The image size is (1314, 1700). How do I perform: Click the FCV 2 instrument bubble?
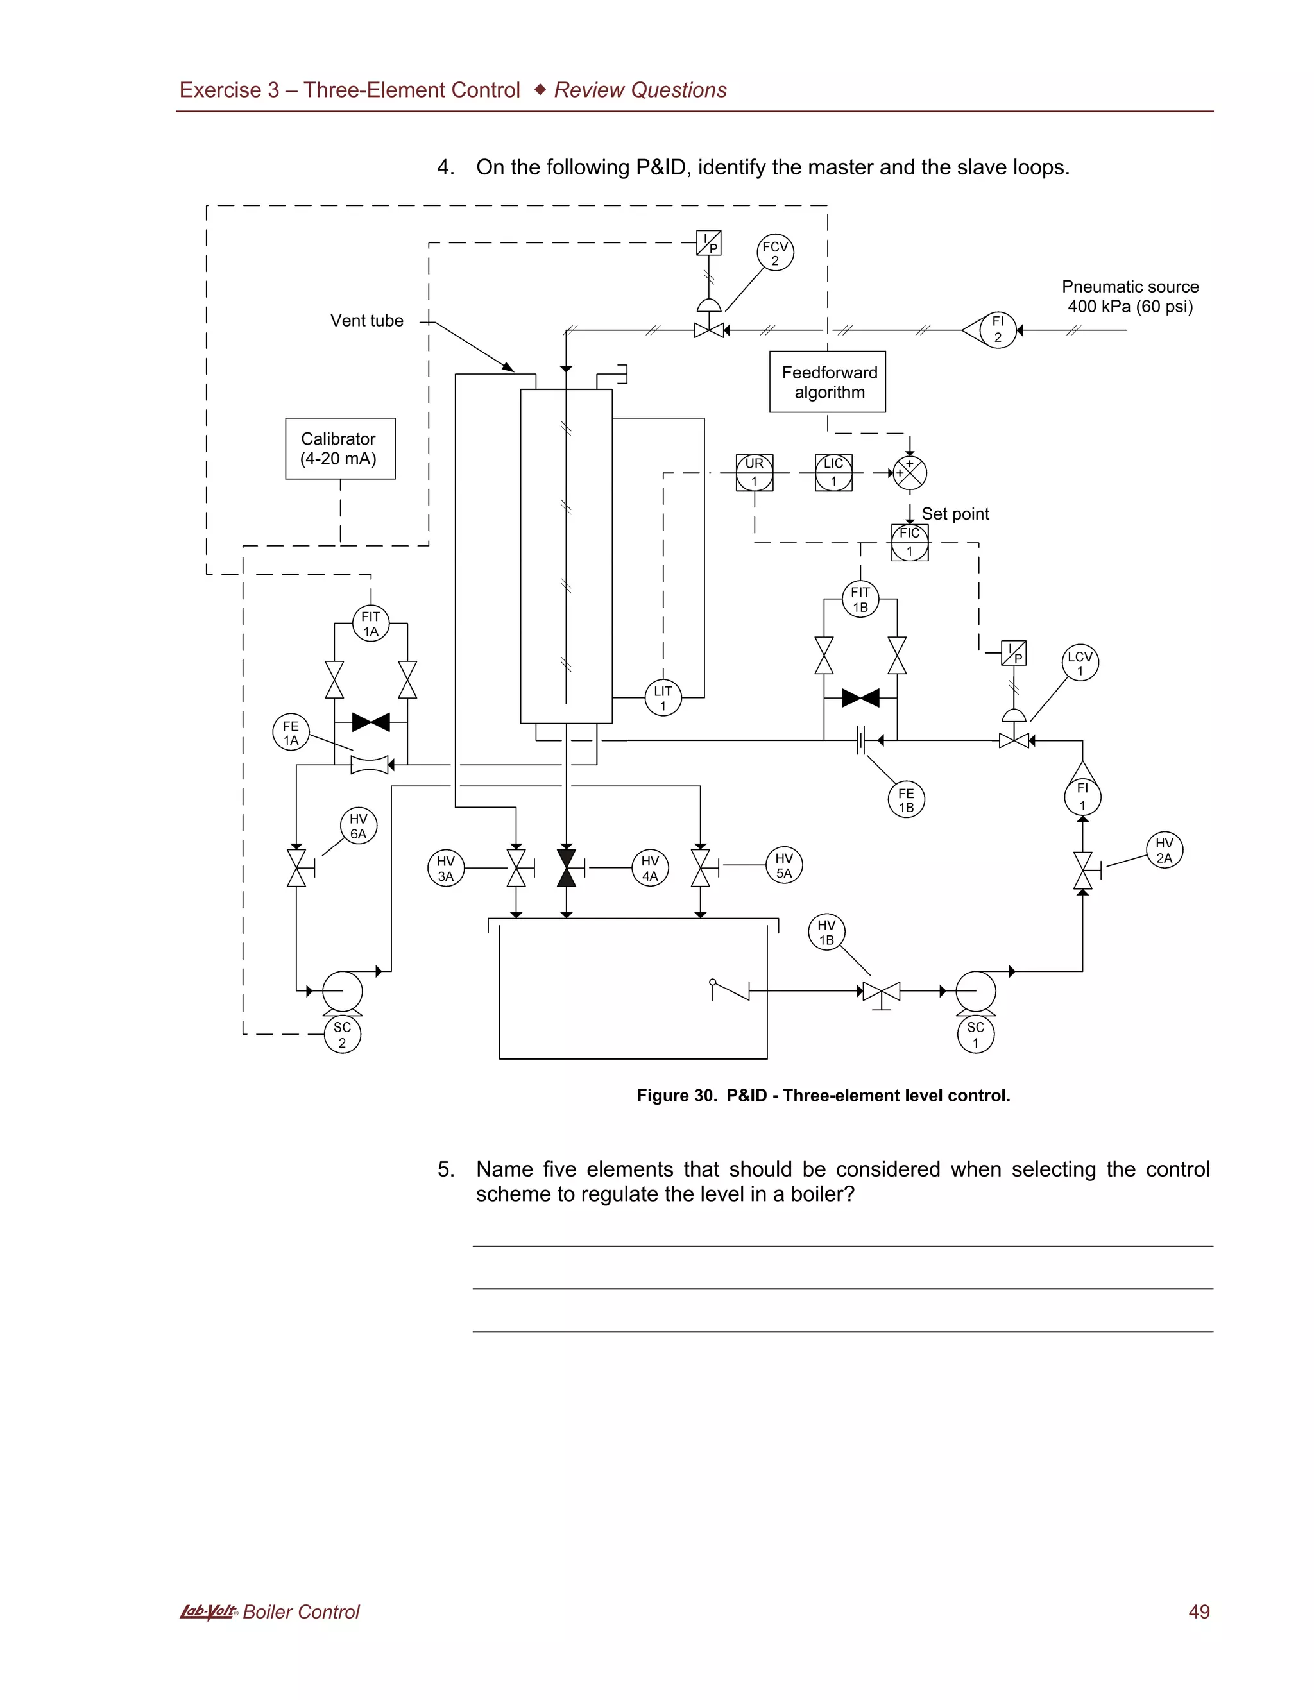click(774, 253)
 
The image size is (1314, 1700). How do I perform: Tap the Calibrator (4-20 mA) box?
click(340, 448)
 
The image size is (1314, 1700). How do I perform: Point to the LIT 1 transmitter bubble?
click(662, 697)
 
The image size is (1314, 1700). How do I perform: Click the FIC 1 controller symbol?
click(909, 542)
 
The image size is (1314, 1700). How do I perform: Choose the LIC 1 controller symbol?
click(833, 473)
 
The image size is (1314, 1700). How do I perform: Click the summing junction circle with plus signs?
click(909, 473)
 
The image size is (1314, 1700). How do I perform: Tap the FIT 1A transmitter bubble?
click(371, 624)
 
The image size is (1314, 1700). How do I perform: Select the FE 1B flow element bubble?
click(906, 799)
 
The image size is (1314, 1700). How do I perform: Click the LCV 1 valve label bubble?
click(1080, 663)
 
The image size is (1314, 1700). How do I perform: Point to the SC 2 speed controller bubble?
click(342, 1035)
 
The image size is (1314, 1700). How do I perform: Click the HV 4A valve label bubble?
click(649, 868)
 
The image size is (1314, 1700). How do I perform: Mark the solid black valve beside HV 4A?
click(567, 868)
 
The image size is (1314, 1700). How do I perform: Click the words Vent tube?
click(366, 321)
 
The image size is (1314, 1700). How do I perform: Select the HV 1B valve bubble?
click(826, 931)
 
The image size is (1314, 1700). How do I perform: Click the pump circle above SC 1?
click(975, 991)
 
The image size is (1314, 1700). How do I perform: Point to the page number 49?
click(1198, 1611)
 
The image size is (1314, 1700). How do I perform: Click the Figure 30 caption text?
click(823, 1095)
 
